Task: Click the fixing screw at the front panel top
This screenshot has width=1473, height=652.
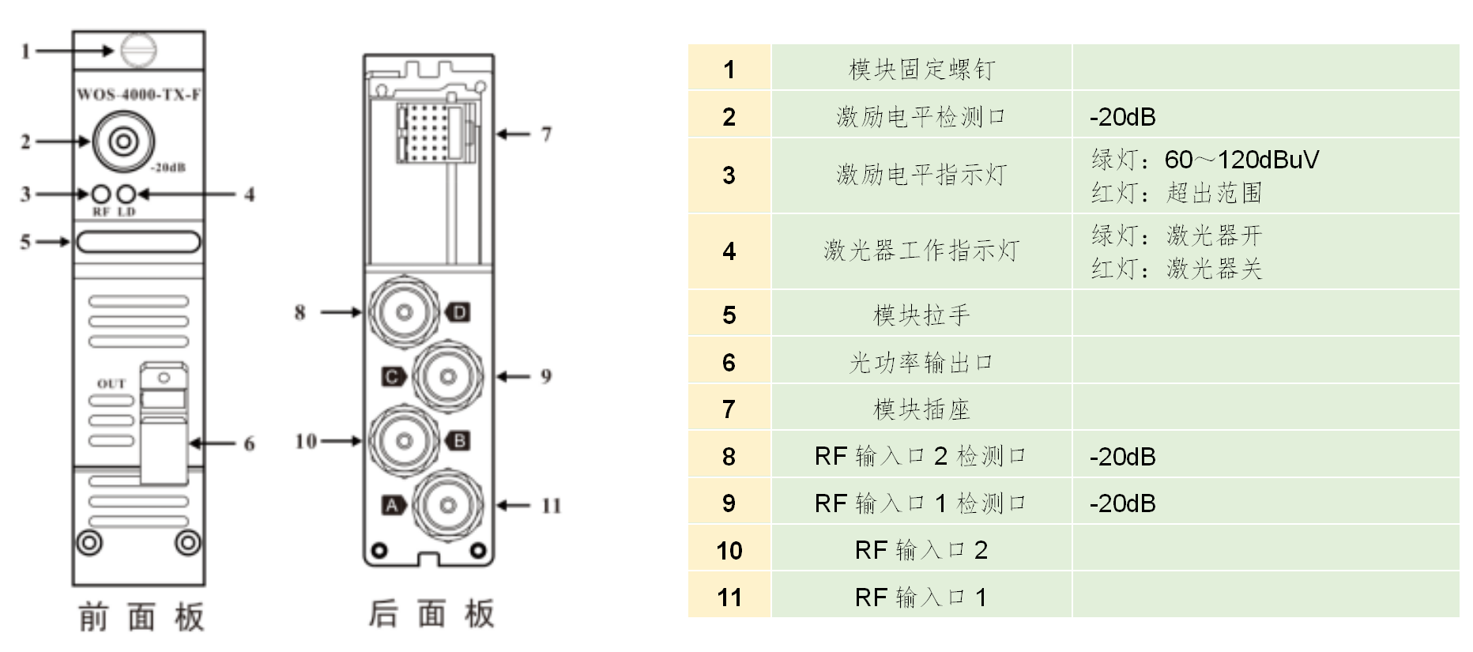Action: (138, 51)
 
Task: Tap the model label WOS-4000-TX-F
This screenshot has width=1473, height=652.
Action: (138, 95)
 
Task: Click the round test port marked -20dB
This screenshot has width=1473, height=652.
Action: (122, 141)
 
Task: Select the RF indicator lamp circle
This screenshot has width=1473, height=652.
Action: (101, 194)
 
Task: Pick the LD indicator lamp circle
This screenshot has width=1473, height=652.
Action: (126, 194)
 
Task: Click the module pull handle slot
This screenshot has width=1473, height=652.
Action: (138, 242)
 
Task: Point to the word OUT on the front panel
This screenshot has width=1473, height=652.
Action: (111, 383)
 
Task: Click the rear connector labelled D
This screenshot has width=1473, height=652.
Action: (405, 312)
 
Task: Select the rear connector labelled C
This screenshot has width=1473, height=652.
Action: (447, 376)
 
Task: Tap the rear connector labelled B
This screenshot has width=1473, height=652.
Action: (405, 440)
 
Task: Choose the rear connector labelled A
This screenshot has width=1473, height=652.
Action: (447, 505)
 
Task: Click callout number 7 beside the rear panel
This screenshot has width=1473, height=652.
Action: (546, 134)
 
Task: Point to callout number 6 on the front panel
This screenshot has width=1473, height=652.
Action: (249, 443)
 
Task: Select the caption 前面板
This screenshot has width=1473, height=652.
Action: (141, 617)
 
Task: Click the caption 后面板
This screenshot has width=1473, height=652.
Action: (431, 614)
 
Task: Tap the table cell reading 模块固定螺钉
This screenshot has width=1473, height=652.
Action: (921, 70)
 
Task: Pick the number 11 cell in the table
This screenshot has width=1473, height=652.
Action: (729, 597)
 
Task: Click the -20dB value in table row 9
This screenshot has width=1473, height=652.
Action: (1122, 503)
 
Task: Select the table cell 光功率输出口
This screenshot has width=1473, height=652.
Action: (921, 363)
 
